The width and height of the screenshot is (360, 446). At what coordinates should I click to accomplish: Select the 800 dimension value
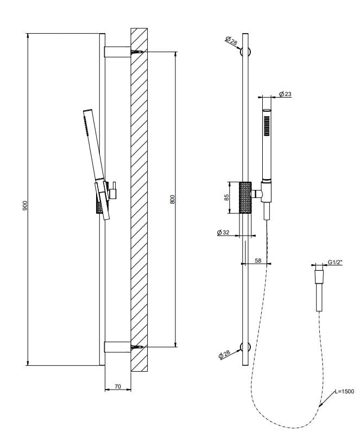(172, 199)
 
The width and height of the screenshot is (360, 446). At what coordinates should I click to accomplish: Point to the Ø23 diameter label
(285, 94)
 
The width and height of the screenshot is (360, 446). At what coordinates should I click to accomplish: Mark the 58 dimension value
(258, 260)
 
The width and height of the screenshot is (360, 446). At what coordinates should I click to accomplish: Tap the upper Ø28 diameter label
(230, 40)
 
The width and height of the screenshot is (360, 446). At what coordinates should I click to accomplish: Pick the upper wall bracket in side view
(116, 52)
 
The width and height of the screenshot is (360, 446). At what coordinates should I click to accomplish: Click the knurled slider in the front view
(245, 198)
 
